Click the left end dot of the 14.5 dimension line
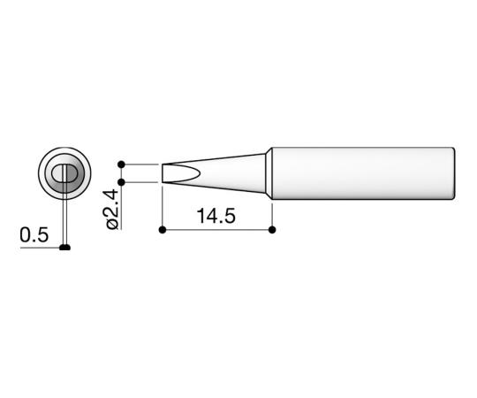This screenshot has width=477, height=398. coord(163,230)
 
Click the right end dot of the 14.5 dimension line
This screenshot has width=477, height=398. coord(271,230)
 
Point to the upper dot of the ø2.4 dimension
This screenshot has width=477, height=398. coord(122,164)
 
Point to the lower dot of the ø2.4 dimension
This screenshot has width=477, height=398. coord(122,183)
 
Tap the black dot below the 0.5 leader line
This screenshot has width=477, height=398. coord(64,248)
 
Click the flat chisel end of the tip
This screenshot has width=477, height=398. coord(163,173)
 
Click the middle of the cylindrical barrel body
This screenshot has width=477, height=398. coord(362,173)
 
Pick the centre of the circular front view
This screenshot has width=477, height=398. coord(64,173)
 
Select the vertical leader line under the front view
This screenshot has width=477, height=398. coord(64,221)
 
